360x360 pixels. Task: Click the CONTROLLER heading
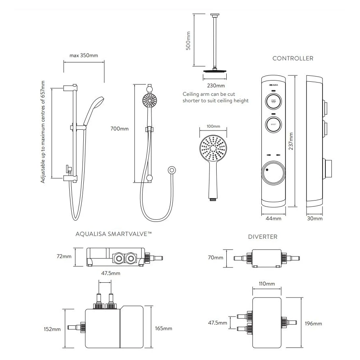(293, 58)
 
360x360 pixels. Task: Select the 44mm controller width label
(273, 219)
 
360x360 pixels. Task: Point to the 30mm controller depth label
(314, 219)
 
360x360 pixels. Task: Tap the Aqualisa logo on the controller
(273, 85)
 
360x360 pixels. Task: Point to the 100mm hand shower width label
(213, 126)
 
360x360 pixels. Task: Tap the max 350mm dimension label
(84, 55)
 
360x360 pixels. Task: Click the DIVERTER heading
(263, 237)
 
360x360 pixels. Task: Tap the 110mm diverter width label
(267, 284)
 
